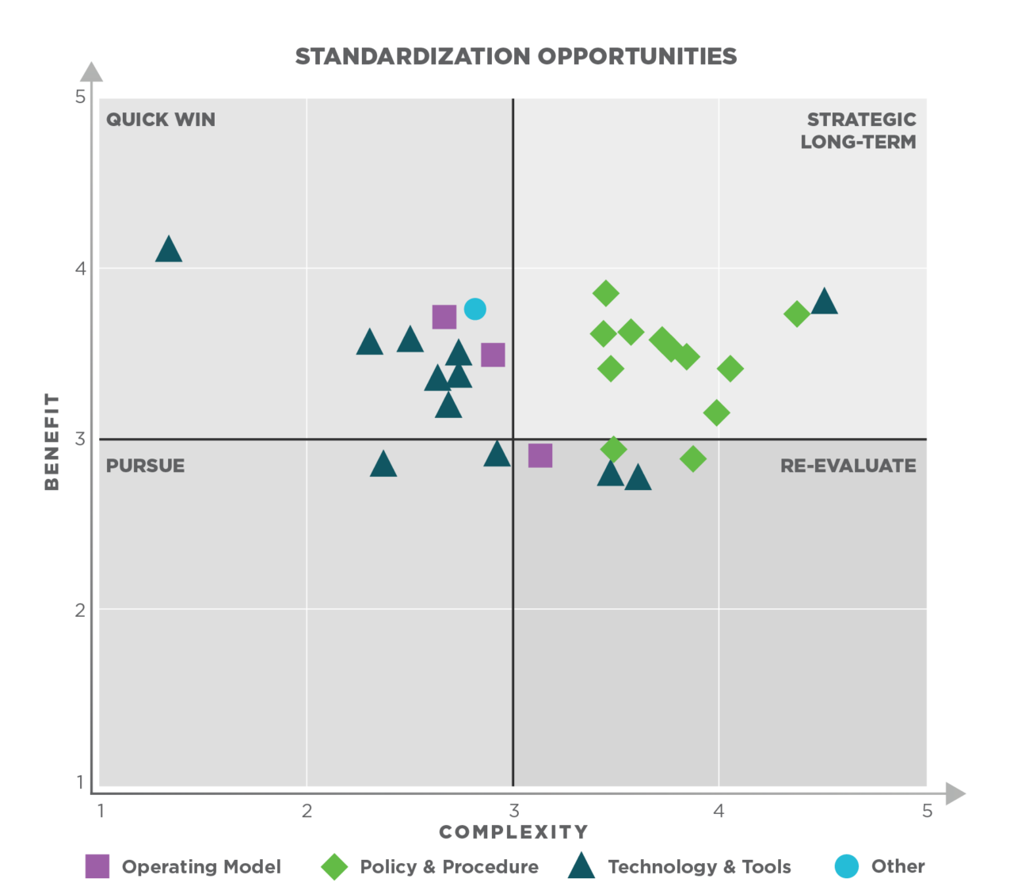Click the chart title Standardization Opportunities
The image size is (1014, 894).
[x=516, y=56]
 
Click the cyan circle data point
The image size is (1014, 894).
[x=475, y=309]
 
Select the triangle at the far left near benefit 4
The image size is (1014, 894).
[x=169, y=250]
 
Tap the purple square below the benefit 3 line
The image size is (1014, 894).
[x=540, y=455]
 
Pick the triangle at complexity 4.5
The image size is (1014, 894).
[x=824, y=302]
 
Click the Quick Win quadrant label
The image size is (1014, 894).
[x=161, y=120]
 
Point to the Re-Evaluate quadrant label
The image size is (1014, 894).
[x=848, y=466]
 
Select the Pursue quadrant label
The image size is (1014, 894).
[x=145, y=466]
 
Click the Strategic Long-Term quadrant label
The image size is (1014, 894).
[x=859, y=131]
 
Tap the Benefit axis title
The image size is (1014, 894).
[x=51, y=441]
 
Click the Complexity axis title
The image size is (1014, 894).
[x=513, y=832]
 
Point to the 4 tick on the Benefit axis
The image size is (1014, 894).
[x=80, y=268]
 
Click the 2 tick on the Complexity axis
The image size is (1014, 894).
[x=307, y=811]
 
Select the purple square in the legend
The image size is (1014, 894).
[x=97, y=866]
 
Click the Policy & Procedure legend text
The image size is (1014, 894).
[x=449, y=867]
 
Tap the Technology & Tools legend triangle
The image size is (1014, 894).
[x=581, y=867]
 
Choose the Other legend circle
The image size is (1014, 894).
[x=847, y=866]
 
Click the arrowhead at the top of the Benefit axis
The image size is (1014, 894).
[x=92, y=72]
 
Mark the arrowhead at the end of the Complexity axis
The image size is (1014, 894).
[x=955, y=793]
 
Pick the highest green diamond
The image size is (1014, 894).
[x=605, y=293]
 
